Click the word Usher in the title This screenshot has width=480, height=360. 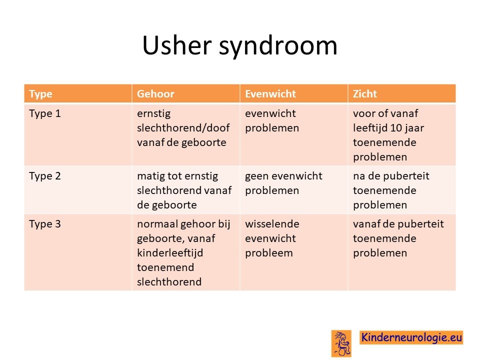pyautogui.click(x=177, y=45)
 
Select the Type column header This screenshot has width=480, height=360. pyautogui.click(x=40, y=94)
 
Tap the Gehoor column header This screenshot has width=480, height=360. pyautogui.click(x=155, y=93)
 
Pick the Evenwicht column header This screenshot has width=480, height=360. pyautogui.click(x=270, y=93)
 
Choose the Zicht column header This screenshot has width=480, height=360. pyautogui.click(x=365, y=93)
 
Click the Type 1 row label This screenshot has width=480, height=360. pyautogui.click(x=45, y=113)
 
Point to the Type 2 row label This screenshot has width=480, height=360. pyautogui.click(x=45, y=176)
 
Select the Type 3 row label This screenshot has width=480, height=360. pyautogui.click(x=45, y=224)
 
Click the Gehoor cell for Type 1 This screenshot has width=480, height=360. pyautogui.click(x=183, y=128)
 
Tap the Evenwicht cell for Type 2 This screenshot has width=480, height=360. pyautogui.click(x=283, y=183)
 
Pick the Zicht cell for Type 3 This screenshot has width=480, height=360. pyautogui.click(x=398, y=238)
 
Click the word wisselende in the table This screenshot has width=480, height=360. pyautogui.click(x=272, y=224)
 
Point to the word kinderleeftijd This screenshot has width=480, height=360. pyautogui.click(x=170, y=253)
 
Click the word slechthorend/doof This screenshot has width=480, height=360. pyautogui.click(x=183, y=128)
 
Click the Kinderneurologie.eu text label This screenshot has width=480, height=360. pyautogui.click(x=411, y=337)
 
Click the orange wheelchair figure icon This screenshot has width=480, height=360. pyautogui.click(x=341, y=343)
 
